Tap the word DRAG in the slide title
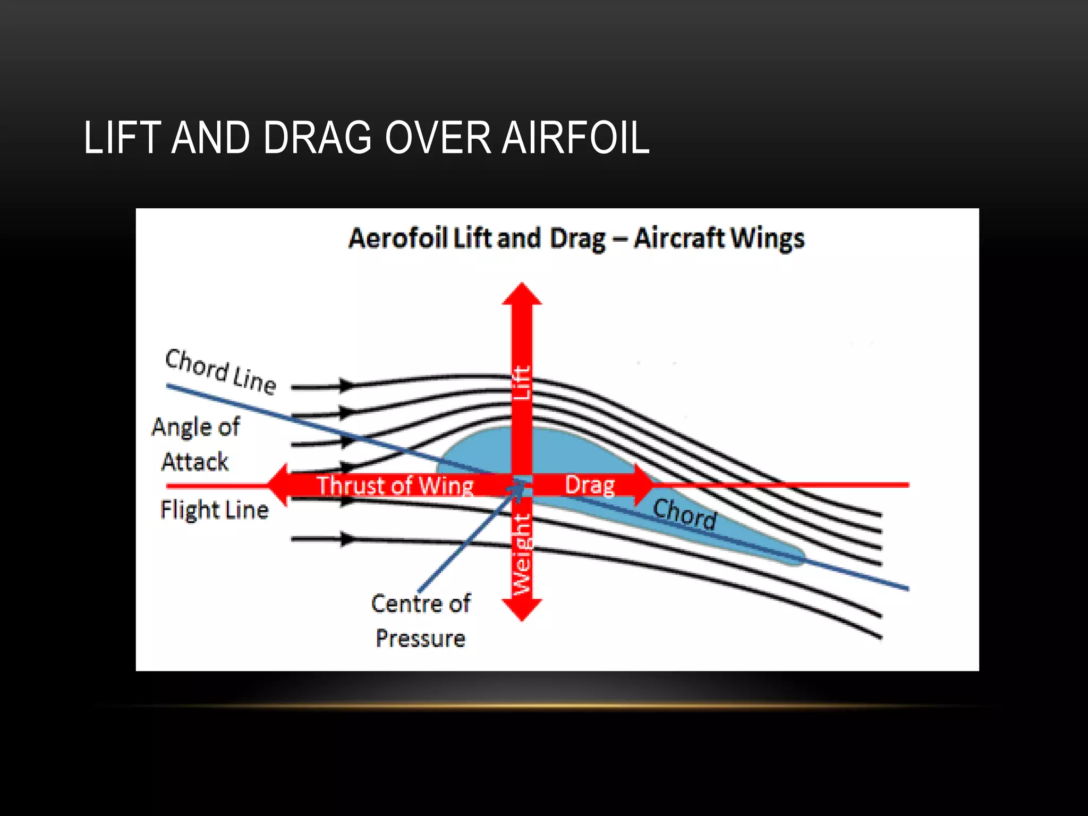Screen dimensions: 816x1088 (317, 138)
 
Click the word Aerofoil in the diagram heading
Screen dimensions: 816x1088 (398, 238)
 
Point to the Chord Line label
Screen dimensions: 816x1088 (220, 371)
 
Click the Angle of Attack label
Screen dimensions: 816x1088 (195, 444)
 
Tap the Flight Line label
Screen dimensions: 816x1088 (214, 510)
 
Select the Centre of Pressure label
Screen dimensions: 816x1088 (420, 620)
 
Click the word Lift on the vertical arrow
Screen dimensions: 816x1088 (521, 382)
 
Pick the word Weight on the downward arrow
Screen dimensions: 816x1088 (521, 554)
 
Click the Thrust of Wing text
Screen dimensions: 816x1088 (395, 486)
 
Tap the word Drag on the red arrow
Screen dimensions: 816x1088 (590, 485)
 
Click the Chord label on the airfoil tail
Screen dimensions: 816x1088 (684, 514)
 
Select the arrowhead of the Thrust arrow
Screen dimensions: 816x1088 (278, 484)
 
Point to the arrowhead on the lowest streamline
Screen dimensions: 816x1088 (346, 539)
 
